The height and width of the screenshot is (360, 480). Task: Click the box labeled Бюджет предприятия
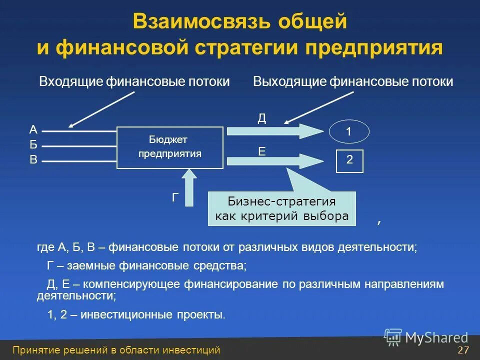coord(170,147)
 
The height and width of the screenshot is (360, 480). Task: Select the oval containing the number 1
coord(349,132)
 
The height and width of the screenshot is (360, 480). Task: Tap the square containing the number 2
coord(349,160)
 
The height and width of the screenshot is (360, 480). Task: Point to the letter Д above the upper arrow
coord(261,118)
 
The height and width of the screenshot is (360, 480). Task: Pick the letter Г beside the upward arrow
coord(175,198)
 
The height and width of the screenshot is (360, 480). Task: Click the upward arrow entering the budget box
coord(189,188)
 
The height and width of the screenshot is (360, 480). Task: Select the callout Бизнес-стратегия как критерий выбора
coord(281,209)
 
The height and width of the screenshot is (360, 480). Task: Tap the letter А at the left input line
coord(33,130)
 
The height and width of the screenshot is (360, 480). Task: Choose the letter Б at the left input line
coord(33,145)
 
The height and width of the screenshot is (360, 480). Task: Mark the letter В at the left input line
coord(33,160)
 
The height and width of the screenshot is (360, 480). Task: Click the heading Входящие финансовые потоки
coord(134,82)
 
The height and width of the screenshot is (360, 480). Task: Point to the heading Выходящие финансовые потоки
coord(353,82)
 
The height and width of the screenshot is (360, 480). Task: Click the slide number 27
coord(463,350)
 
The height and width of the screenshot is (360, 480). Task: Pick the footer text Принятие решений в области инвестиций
coord(116,350)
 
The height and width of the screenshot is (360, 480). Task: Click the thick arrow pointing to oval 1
coord(275,131)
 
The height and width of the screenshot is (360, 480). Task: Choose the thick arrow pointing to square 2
coord(275,160)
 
